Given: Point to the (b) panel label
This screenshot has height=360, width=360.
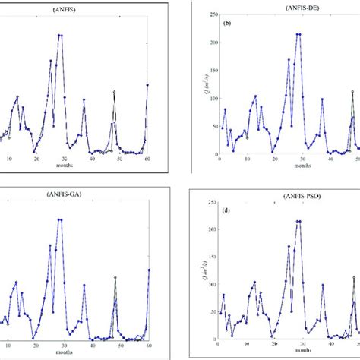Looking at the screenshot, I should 226,24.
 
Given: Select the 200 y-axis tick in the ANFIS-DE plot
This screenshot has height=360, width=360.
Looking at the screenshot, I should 210,41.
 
